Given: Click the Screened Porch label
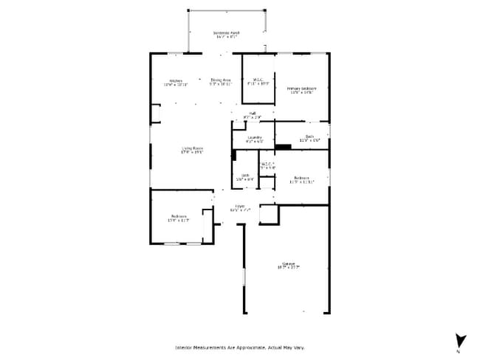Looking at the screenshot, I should pos(226,33).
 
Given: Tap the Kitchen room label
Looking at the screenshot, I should pos(176,80).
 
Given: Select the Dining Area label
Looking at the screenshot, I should pos(221,80).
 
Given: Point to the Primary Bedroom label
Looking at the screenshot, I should pos(301,89).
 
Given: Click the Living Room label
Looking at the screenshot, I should pos(193,148).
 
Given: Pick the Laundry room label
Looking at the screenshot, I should pos(254,137).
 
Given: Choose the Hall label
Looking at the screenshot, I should pos(252,113).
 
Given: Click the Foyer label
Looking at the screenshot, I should pos(240,206).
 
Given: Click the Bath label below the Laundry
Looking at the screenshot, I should pos(245,175).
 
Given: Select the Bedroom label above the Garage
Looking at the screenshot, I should pos(301,178).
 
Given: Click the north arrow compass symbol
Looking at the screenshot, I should pos(461,341).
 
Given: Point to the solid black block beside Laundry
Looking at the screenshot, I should pos(283,147).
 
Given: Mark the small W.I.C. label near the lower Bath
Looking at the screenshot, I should pos(267,164).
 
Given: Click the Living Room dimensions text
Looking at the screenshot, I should pos(193,153).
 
